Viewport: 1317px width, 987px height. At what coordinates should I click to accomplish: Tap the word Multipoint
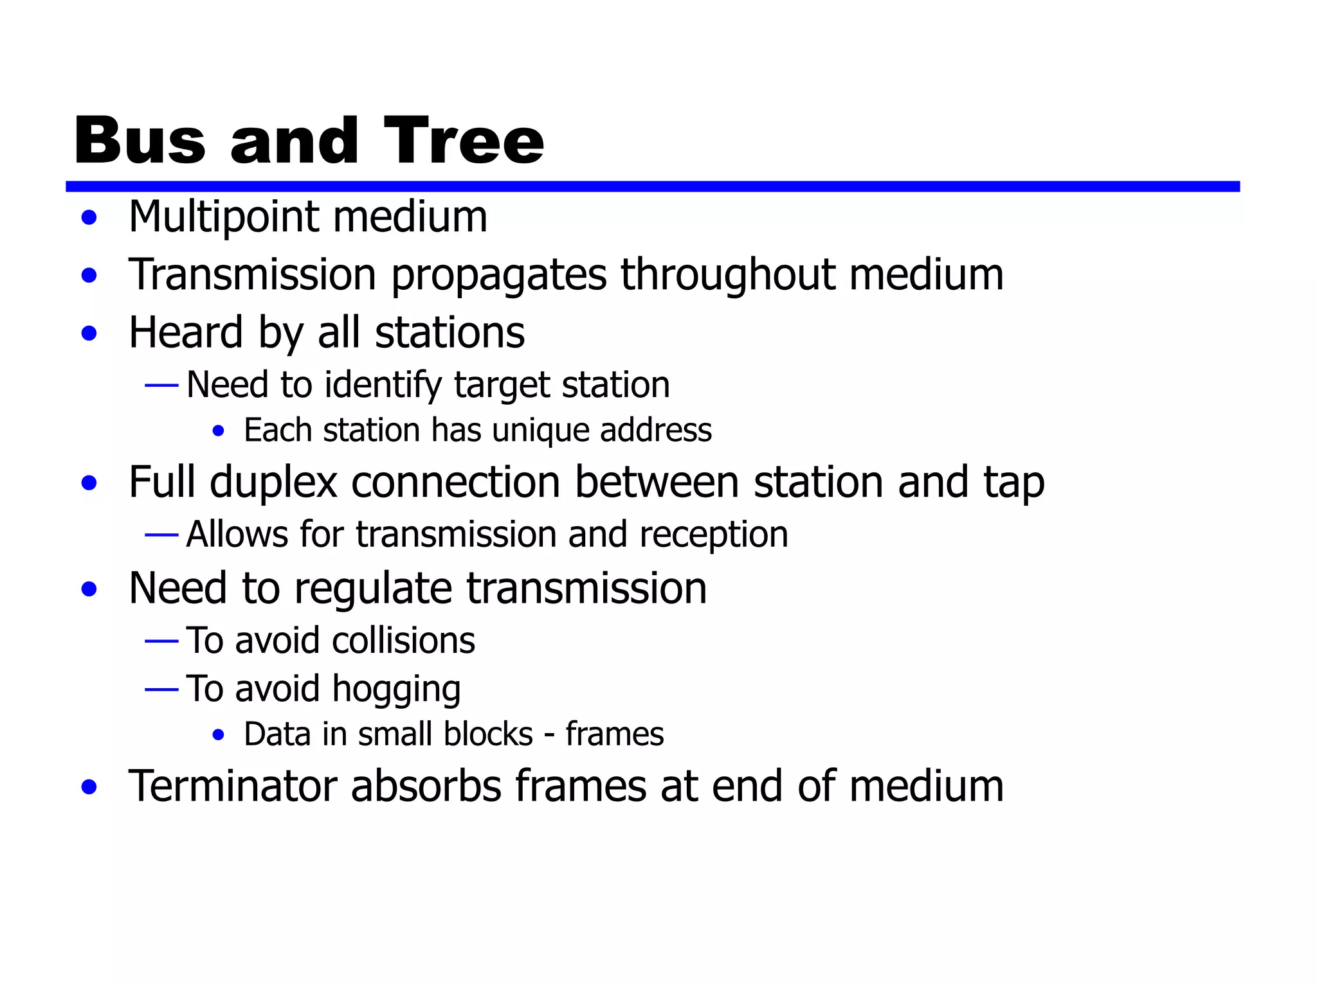(x=224, y=217)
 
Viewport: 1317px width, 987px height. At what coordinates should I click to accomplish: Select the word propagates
(x=498, y=276)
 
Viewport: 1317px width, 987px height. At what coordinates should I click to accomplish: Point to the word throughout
(x=727, y=274)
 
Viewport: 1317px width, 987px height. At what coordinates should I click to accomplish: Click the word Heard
(x=186, y=332)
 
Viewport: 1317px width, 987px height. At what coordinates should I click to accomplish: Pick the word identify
(x=382, y=386)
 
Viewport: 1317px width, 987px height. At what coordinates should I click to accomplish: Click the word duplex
(x=273, y=483)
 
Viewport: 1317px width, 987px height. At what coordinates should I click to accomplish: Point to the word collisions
(x=403, y=641)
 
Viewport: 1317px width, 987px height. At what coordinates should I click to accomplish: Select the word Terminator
(x=233, y=786)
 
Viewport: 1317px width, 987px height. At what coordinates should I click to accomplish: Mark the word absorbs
(x=426, y=786)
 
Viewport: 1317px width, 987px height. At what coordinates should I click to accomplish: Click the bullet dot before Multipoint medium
(x=89, y=218)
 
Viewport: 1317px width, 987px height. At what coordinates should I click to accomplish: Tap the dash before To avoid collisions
(x=161, y=641)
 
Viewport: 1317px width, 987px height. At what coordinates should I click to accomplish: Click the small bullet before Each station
(x=219, y=431)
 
